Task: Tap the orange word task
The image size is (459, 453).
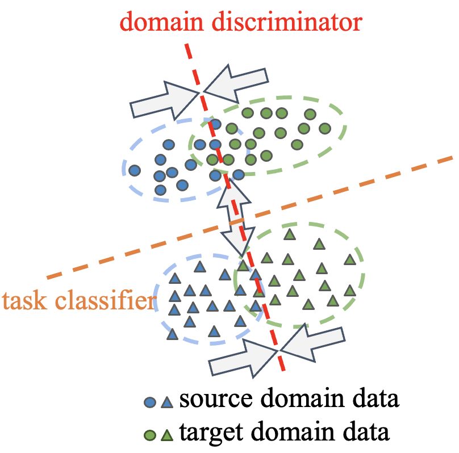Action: (x=23, y=301)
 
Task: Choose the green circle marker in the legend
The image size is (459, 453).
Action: (x=150, y=435)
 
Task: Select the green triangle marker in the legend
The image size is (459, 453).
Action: (x=166, y=435)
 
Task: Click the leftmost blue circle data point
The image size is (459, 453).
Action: (x=135, y=170)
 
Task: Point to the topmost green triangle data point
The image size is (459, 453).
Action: (x=290, y=233)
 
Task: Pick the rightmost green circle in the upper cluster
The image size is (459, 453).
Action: (x=324, y=128)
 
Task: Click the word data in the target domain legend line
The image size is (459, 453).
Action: (x=369, y=433)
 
